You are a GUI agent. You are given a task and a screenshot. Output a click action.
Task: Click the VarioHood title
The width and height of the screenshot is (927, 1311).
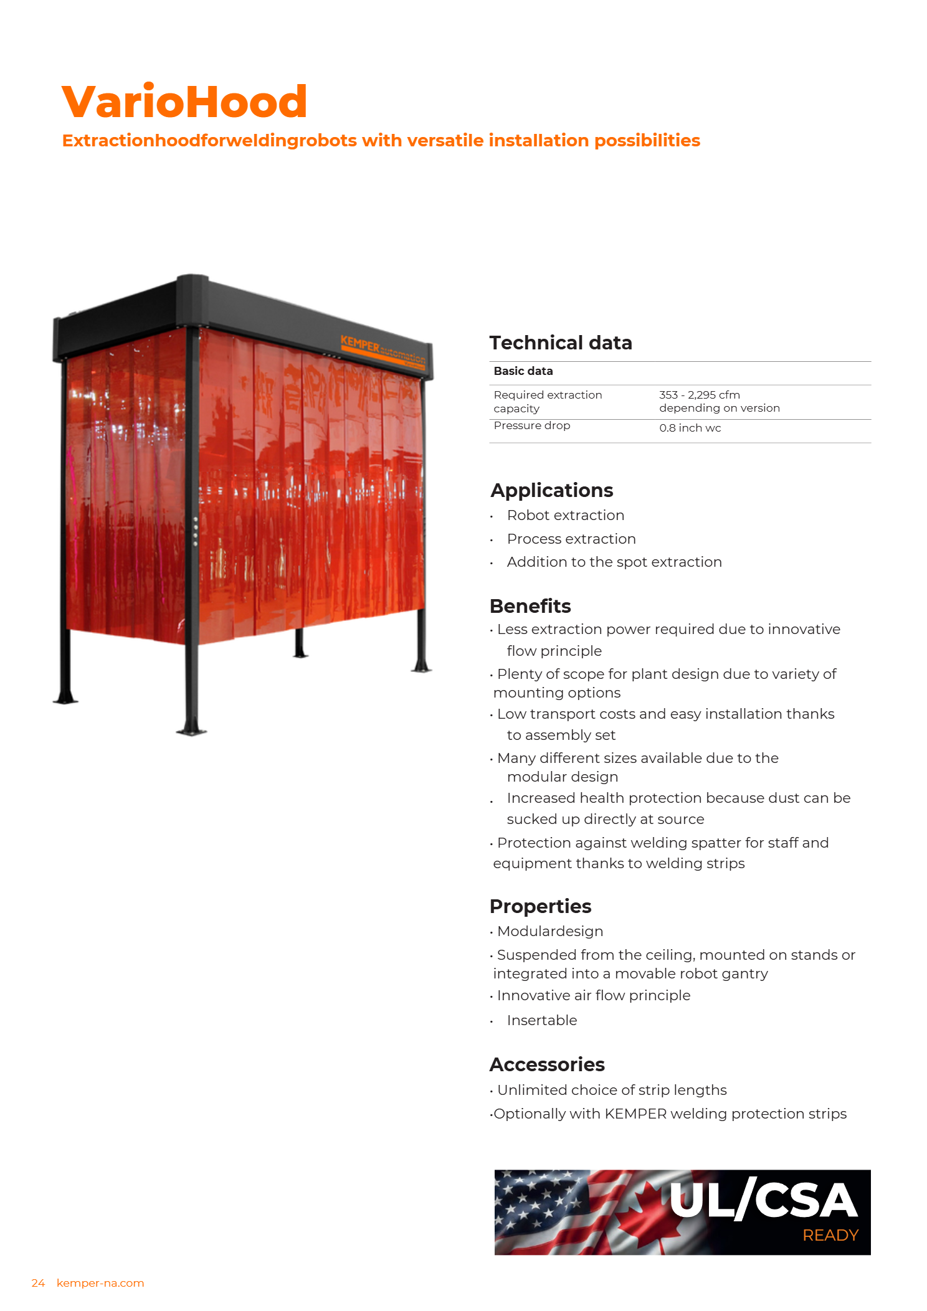pyautogui.click(x=184, y=102)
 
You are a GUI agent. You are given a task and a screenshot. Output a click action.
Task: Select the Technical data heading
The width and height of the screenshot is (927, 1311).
pyautogui.click(x=560, y=343)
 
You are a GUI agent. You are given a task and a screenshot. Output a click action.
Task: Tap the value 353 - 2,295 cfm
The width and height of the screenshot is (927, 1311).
pyautogui.click(x=699, y=395)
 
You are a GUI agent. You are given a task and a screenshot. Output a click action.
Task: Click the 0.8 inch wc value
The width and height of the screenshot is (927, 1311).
pyautogui.click(x=690, y=428)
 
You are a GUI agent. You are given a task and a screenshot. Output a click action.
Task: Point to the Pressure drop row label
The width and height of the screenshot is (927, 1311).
pyautogui.click(x=531, y=425)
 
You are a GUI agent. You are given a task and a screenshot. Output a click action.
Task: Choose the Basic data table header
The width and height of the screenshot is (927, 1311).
pyautogui.click(x=523, y=371)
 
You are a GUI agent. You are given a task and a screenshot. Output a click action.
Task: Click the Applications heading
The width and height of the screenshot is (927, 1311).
pyautogui.click(x=551, y=491)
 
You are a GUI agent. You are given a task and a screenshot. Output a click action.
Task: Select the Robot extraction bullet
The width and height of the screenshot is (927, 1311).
pyautogui.click(x=565, y=516)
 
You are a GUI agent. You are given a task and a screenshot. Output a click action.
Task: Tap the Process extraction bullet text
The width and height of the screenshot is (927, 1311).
pyautogui.click(x=571, y=539)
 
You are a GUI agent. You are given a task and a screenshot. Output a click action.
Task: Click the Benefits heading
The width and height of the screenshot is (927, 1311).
pyautogui.click(x=530, y=606)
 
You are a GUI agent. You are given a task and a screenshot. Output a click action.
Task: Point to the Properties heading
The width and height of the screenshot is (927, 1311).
pyautogui.click(x=540, y=906)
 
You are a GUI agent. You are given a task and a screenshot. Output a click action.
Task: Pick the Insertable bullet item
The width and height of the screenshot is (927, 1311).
pyautogui.click(x=541, y=1020)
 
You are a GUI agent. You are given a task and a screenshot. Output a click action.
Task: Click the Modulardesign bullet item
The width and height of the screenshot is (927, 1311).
pyautogui.click(x=549, y=931)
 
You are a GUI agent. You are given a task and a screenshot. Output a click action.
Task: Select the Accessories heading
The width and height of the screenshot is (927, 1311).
pyautogui.click(x=547, y=1064)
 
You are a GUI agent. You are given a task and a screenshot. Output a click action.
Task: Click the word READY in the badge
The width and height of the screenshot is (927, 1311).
pyautogui.click(x=830, y=1235)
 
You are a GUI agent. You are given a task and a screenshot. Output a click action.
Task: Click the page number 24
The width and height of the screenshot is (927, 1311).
pyautogui.click(x=38, y=1283)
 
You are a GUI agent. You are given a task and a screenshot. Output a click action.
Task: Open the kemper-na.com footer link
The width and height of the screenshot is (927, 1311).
pyautogui.click(x=100, y=1283)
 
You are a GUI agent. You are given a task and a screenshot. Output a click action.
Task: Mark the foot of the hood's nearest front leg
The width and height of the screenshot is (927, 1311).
pyautogui.click(x=191, y=730)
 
